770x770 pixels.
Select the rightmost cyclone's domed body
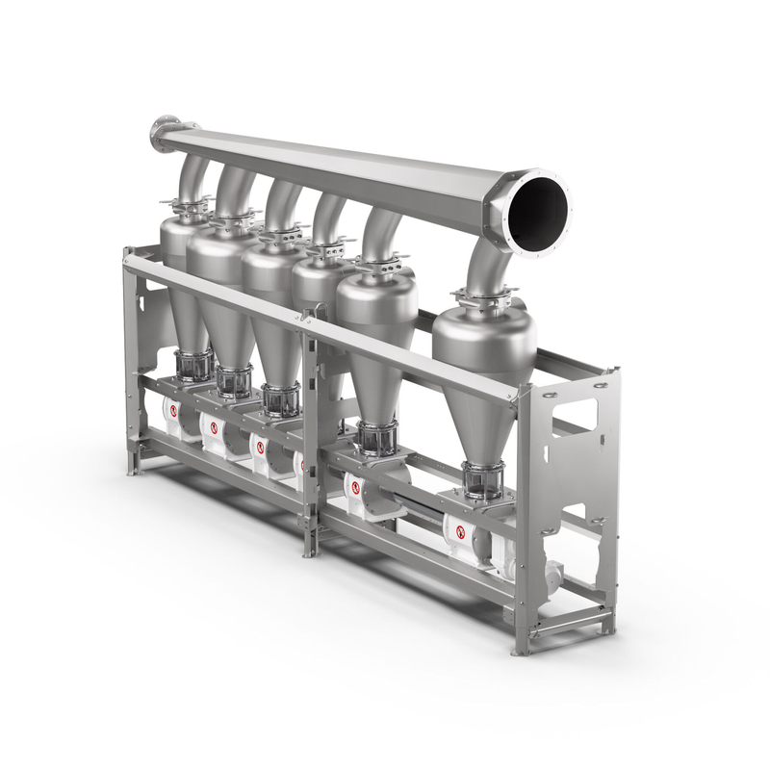(484, 337)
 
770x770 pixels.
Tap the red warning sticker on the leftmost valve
(174, 410)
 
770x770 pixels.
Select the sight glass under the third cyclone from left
(281, 399)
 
